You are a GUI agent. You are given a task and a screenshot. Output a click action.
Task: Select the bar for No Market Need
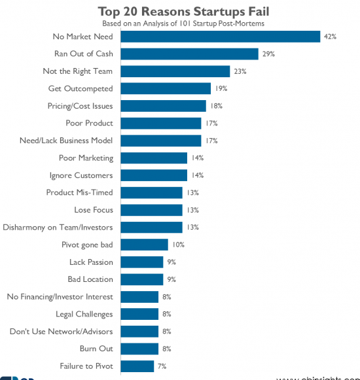pos(221,37)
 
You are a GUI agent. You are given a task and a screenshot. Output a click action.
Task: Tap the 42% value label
pos(329,37)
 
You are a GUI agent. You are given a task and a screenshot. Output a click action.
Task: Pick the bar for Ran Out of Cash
pos(190,54)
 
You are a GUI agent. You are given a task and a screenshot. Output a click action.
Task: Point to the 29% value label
pos(268,54)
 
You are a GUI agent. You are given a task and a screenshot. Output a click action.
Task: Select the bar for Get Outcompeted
pos(166,88)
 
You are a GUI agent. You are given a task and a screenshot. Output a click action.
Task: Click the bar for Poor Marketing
pos(154,158)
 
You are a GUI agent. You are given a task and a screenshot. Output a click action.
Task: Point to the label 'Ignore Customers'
pos(81,175)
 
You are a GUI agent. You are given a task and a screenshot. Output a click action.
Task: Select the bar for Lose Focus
pos(152,210)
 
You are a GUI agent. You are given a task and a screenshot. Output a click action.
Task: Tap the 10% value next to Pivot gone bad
pos(178,245)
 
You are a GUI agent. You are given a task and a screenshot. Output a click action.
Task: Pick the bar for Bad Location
pos(143,279)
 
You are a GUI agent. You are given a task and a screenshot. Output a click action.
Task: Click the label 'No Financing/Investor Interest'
pos(60,297)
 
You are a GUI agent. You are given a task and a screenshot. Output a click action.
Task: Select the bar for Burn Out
pos(140,349)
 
